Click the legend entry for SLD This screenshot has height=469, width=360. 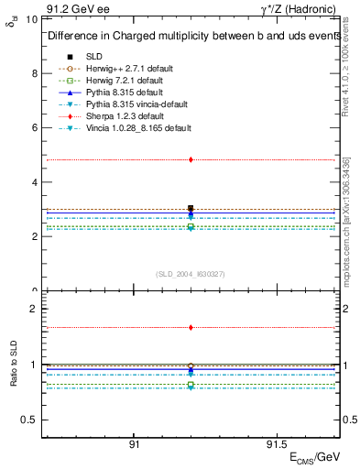click(x=94, y=56)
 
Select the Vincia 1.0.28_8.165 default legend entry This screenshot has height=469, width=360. click(x=134, y=127)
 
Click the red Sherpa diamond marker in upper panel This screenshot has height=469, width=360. click(x=191, y=159)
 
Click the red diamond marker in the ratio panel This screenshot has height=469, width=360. click(x=191, y=327)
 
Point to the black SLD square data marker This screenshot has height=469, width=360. click(x=191, y=209)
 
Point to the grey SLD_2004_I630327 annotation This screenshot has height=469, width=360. click(x=191, y=274)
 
